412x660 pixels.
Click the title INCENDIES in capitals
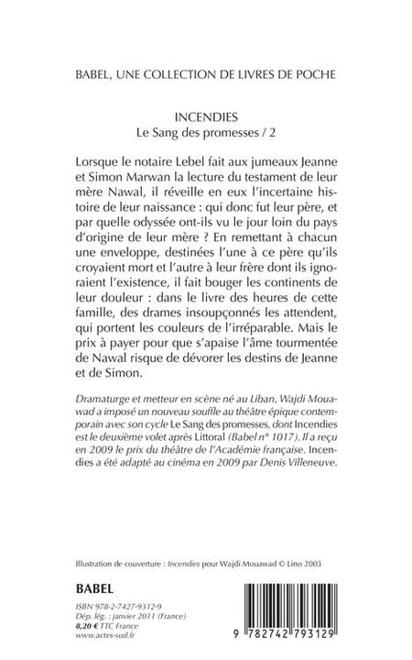pyautogui.click(x=206, y=118)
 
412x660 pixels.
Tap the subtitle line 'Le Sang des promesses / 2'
pyautogui.click(x=206, y=134)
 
